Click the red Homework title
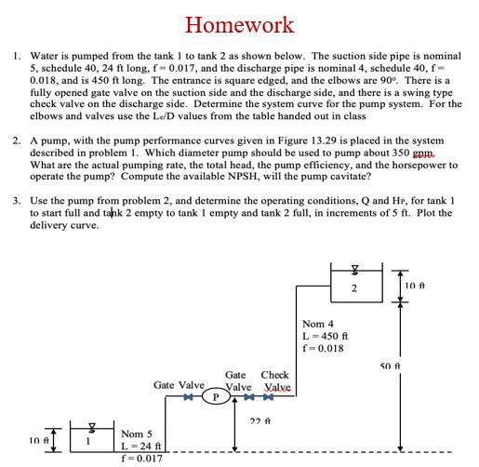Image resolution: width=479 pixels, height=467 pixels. coord(239,24)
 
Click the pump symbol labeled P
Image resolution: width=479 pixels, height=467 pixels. coord(216,395)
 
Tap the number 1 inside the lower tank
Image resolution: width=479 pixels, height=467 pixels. coord(88,440)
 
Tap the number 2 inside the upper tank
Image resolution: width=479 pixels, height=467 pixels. coord(353,287)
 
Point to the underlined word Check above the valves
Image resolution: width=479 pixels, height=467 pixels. coord(275,374)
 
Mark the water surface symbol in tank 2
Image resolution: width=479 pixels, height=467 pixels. coord(353,272)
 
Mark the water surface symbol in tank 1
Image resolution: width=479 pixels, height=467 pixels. coord(89,428)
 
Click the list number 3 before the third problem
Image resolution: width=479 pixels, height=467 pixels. coord(17,200)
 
